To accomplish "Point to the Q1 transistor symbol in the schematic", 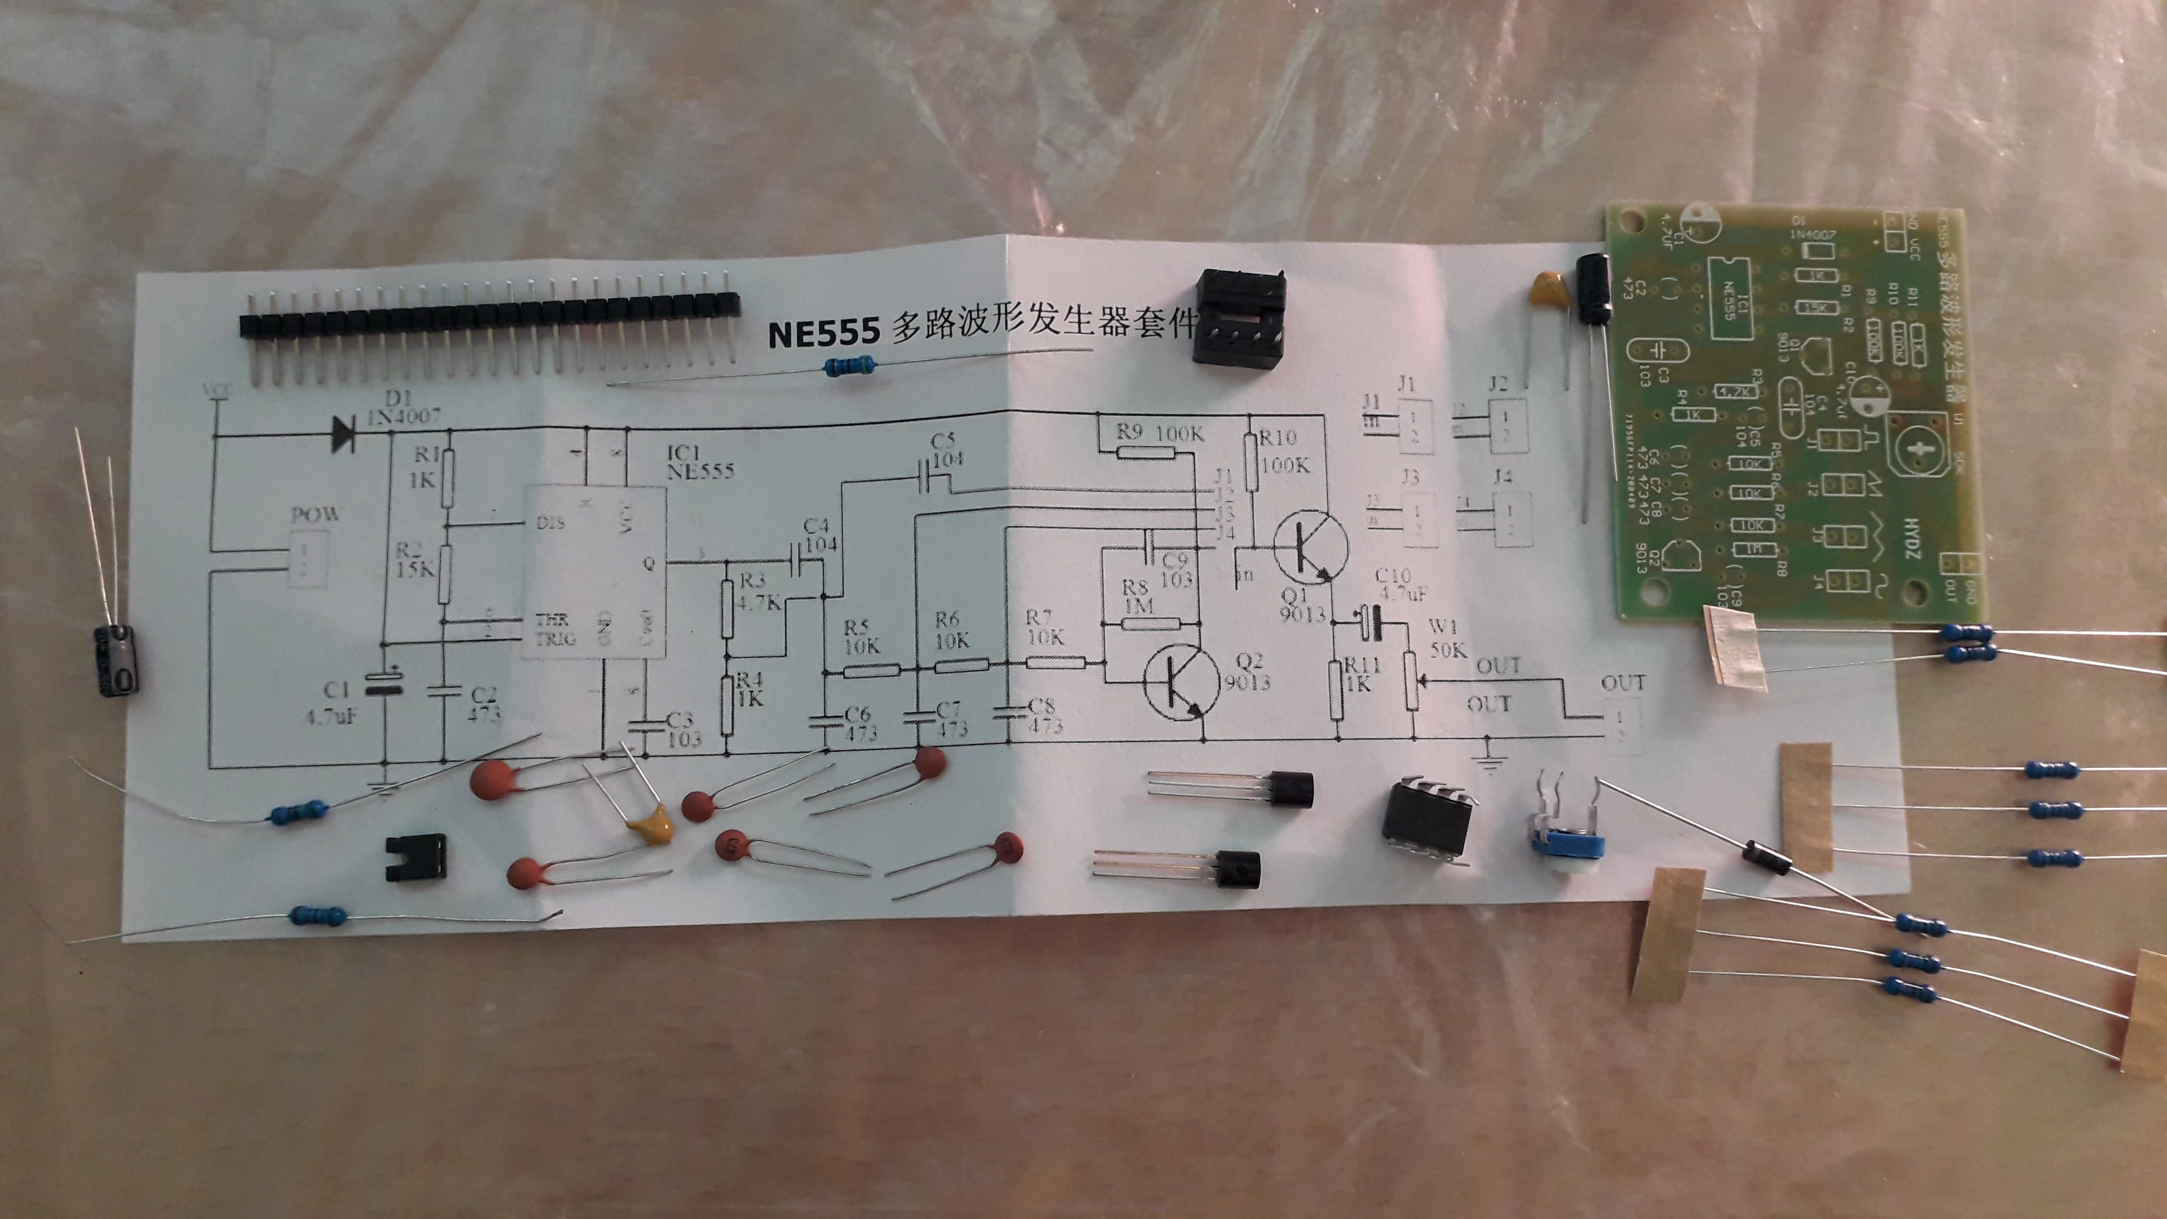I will [1308, 549].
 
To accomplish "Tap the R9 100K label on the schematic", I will [1160, 433].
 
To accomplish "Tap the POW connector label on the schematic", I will [314, 513].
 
